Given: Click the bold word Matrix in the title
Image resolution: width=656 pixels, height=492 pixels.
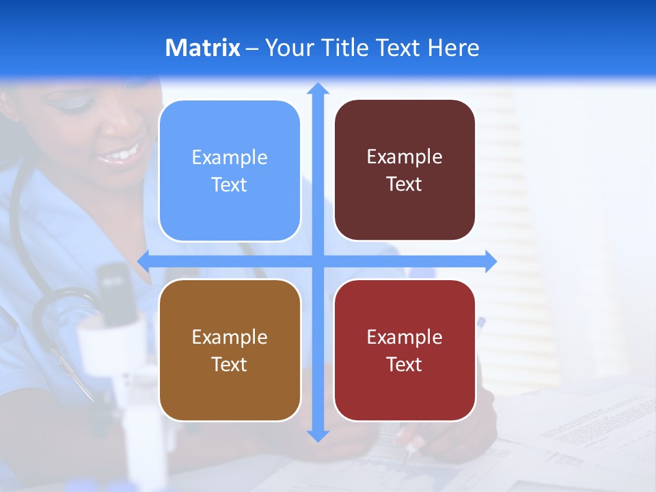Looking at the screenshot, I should coord(203,48).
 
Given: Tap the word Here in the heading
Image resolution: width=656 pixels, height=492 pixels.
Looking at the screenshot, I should coord(453,48).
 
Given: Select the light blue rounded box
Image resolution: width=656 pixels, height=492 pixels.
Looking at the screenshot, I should coord(230,171).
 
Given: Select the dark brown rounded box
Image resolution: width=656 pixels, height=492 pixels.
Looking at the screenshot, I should coord(405,170).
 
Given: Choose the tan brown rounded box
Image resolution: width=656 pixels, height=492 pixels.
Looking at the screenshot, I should coord(230,350).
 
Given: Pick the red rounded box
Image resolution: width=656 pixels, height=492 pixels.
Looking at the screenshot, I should coord(405,350).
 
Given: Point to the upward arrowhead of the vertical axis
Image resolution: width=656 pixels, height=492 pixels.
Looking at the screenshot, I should coord(318,88).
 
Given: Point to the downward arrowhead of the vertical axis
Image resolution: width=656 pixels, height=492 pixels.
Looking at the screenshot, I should coord(318,435).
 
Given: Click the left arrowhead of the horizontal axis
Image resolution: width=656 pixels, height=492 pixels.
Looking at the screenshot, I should coord(143,261).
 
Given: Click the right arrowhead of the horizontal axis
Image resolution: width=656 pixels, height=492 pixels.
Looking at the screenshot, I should coord(491,261).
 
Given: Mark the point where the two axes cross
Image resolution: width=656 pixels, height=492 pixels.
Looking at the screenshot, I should coord(318,261).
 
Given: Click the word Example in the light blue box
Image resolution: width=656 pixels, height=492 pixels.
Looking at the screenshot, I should coord(230,158).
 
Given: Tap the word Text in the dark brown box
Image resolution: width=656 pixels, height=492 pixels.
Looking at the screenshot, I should coord(405,184).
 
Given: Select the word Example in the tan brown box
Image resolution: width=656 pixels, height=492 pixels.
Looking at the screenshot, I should coord(230,337).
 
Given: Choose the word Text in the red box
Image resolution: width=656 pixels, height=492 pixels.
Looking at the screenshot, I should coord(405,364).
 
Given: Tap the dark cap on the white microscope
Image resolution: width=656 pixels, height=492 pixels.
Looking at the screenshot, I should coord(113,287).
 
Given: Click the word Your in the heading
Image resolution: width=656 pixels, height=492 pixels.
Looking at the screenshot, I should coord(288,48).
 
